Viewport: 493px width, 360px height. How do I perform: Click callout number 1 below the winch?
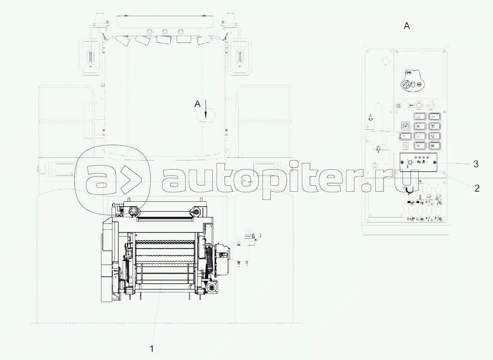152,349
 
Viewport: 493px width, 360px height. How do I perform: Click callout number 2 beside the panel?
477,188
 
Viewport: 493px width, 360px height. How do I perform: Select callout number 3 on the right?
476,164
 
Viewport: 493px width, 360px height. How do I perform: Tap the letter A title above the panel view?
407,26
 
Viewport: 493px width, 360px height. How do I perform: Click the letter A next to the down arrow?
197,104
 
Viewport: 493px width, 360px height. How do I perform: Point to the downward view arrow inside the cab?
206,109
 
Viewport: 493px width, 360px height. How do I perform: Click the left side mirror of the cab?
90,58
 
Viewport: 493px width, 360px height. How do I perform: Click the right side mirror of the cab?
240,58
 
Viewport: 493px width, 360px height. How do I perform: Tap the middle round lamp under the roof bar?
164,32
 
